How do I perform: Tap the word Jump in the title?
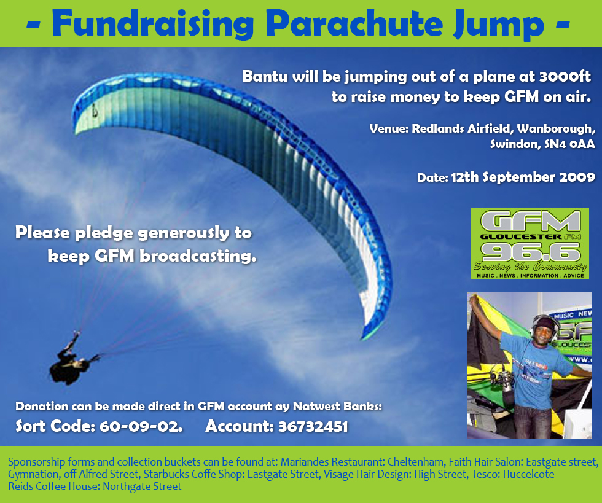(x=498, y=25)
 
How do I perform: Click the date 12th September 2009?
(x=523, y=177)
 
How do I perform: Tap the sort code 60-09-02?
(x=141, y=426)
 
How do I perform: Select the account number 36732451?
(x=313, y=427)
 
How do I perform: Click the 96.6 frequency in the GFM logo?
(x=530, y=252)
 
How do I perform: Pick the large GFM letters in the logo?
(x=530, y=221)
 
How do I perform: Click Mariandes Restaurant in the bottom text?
(x=332, y=461)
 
